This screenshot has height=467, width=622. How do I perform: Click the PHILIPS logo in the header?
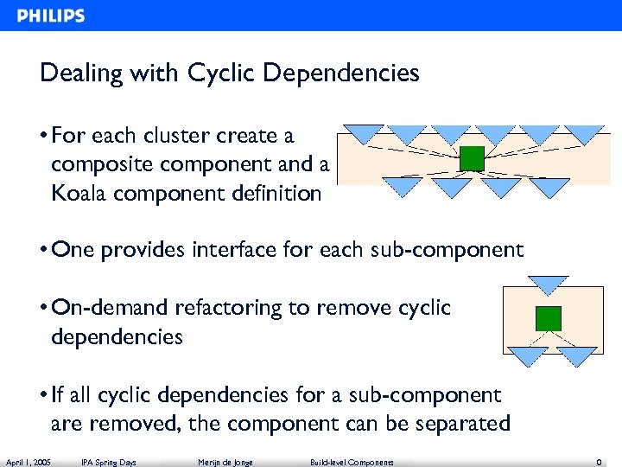51,16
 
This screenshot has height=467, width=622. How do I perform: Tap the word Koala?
79,193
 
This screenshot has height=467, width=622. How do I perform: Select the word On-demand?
111,308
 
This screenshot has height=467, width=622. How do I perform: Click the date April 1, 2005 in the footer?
28,462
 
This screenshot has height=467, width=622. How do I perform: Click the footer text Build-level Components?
352,462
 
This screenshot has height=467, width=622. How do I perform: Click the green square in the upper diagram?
472,158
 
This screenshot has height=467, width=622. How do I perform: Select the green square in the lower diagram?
548,317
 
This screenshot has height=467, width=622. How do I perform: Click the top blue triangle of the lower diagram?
548,284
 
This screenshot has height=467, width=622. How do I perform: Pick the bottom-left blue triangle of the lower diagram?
526,355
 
